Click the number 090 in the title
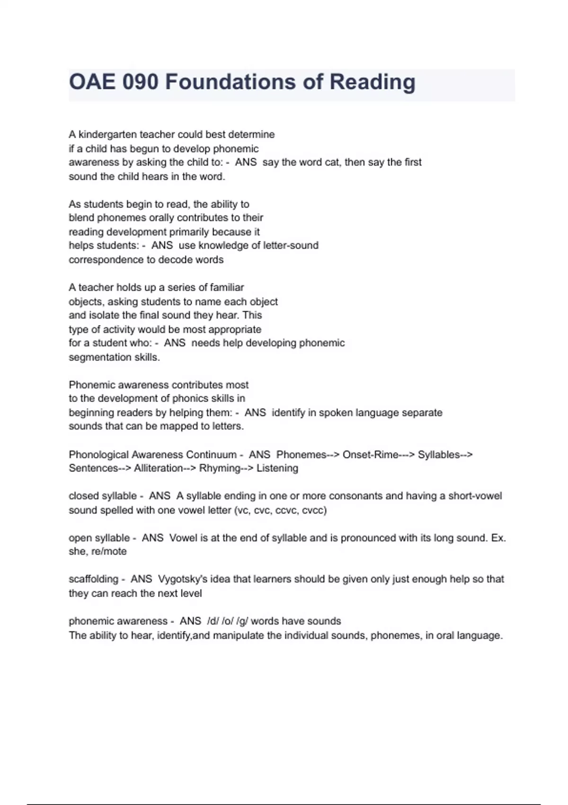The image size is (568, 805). (x=140, y=82)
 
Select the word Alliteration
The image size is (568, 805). (x=158, y=468)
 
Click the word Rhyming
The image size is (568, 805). (x=220, y=468)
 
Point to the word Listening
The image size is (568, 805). (x=277, y=468)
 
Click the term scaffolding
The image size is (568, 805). (x=93, y=579)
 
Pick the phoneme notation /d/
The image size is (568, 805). (x=212, y=621)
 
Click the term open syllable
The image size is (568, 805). (x=99, y=538)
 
